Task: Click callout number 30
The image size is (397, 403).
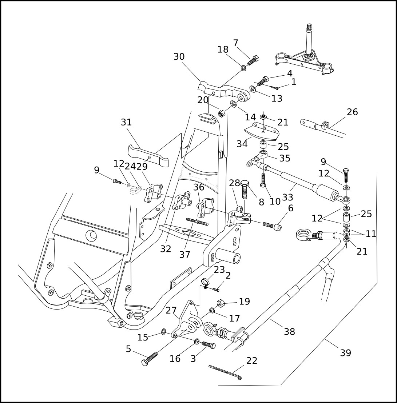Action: click(x=179, y=57)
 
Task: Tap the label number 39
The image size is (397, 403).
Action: click(x=345, y=353)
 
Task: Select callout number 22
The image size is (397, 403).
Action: click(x=251, y=361)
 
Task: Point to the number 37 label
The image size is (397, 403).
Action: click(x=184, y=255)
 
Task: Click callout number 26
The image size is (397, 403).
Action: click(x=352, y=112)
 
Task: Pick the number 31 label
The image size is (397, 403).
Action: click(x=126, y=122)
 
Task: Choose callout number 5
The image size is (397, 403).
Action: click(x=128, y=349)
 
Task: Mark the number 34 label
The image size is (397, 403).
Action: click(x=242, y=144)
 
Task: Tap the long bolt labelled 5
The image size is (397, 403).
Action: click(x=150, y=359)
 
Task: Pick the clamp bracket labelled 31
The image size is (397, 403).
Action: click(x=148, y=155)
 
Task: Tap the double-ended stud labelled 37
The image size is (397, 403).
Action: click(x=197, y=222)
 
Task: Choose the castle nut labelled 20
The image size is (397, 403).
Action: click(x=221, y=114)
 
